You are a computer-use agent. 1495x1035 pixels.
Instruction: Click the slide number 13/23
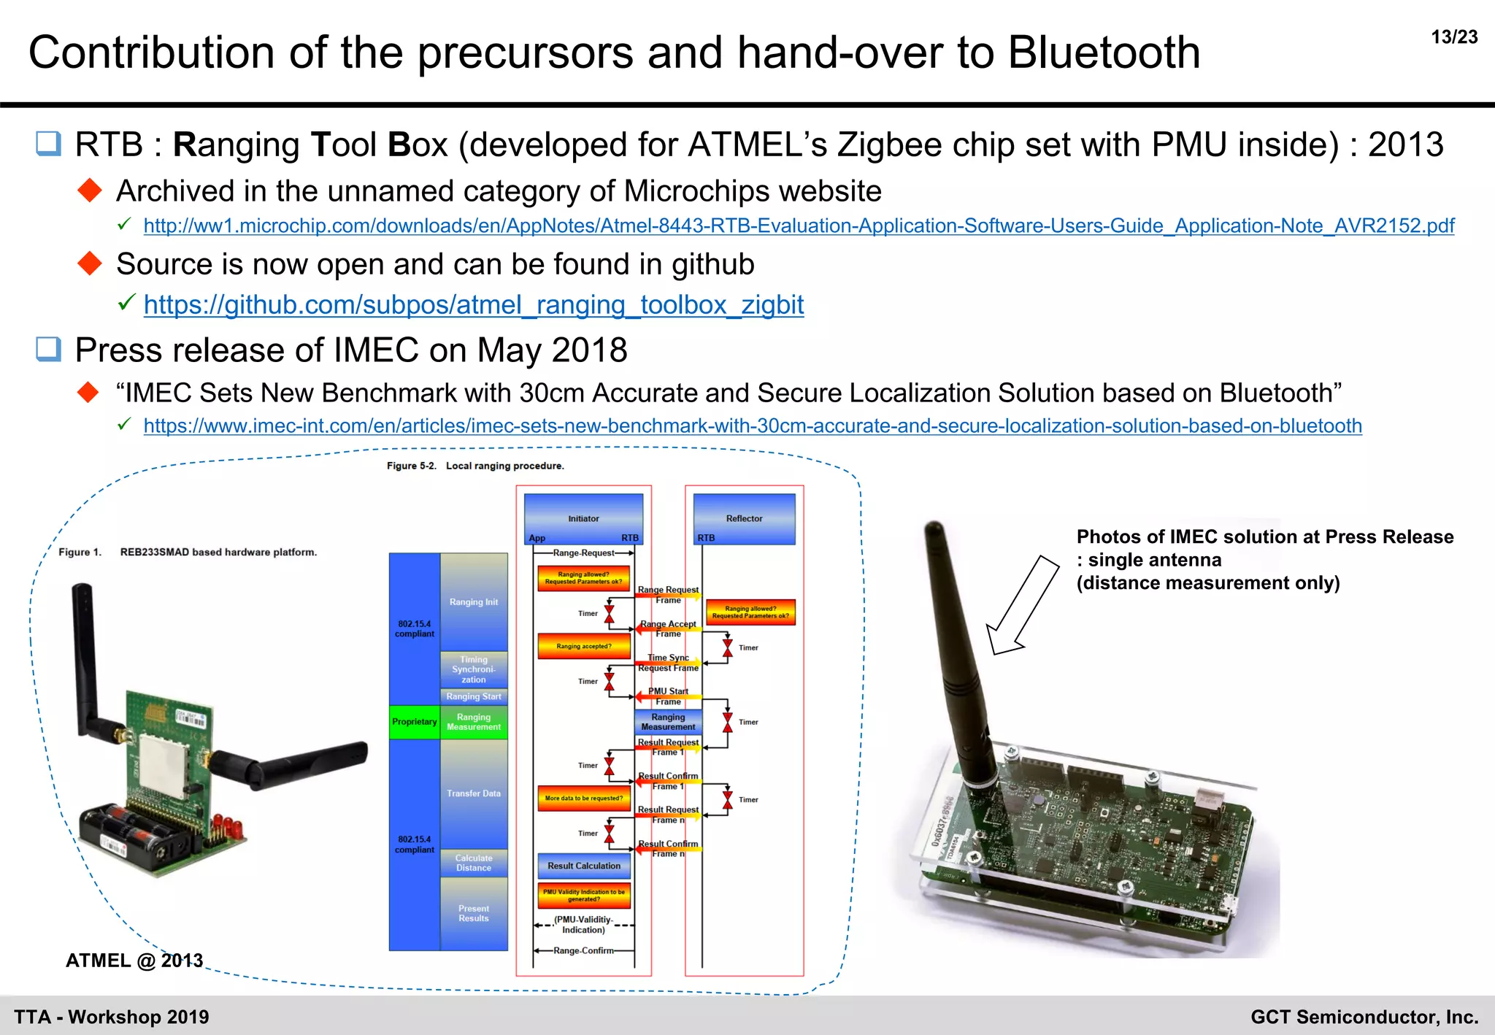coord(1454,37)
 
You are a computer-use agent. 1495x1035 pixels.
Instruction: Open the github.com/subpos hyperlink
coord(473,304)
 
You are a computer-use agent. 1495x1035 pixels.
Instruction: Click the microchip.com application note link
coord(799,226)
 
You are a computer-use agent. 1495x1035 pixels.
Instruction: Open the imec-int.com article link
coord(753,426)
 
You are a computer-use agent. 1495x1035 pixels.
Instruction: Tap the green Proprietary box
coord(415,722)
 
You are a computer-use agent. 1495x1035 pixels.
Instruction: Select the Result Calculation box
coord(584,866)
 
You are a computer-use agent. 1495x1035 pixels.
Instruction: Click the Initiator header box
coord(583,518)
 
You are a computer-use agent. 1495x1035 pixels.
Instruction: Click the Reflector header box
coord(744,518)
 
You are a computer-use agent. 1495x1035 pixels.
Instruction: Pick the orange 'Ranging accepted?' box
coord(583,646)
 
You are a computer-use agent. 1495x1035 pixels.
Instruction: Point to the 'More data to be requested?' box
coord(583,799)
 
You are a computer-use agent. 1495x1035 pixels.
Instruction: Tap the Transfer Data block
coord(474,793)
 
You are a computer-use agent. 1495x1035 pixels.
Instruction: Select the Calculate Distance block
coord(474,863)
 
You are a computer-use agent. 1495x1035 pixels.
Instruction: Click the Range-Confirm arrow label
coord(583,950)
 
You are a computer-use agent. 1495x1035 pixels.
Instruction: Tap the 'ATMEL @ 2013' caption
coord(134,961)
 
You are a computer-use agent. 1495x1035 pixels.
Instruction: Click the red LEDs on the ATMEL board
coord(228,829)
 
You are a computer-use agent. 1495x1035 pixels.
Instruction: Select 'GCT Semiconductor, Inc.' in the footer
coord(1364,1017)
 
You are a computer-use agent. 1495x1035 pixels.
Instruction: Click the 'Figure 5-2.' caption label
coord(411,466)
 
